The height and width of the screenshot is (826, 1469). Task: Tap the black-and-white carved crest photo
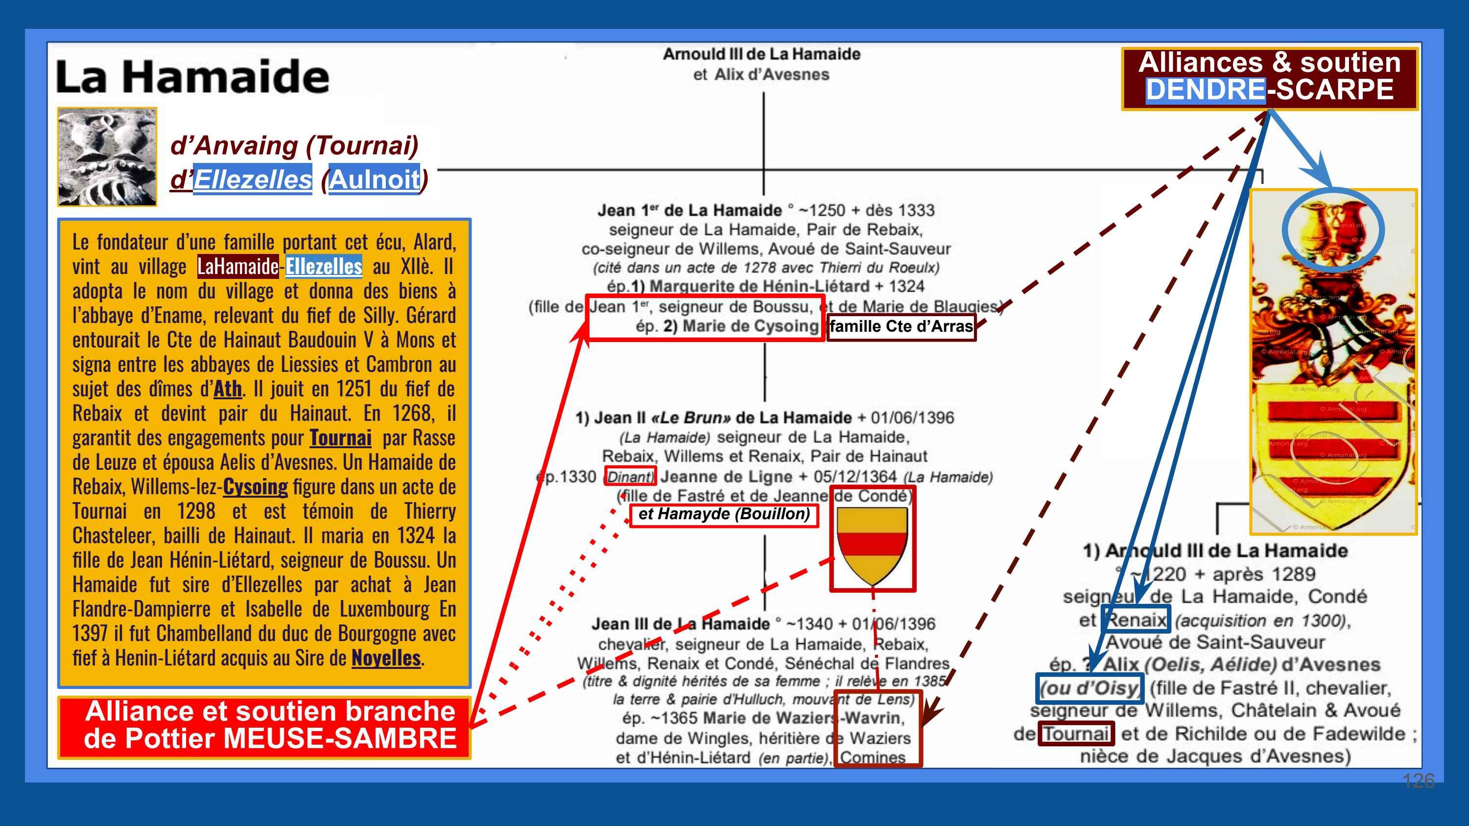point(107,157)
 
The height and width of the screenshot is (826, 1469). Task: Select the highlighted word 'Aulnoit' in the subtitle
point(374,180)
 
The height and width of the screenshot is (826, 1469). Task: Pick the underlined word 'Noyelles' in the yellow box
point(386,658)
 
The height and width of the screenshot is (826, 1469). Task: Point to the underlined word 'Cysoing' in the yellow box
point(255,486)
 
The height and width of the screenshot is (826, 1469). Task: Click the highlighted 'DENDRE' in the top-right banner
point(1205,90)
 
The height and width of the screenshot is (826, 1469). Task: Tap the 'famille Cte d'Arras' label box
point(901,327)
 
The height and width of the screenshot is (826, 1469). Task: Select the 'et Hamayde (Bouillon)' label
point(724,514)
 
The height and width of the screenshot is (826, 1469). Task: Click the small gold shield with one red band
point(872,543)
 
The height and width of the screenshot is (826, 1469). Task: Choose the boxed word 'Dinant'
point(630,477)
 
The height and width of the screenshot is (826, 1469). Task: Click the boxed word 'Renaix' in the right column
point(1137,619)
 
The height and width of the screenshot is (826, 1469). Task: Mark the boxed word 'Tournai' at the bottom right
point(1075,734)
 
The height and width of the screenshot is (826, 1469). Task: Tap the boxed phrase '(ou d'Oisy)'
point(1089,688)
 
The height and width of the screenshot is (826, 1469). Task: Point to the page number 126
point(1418,780)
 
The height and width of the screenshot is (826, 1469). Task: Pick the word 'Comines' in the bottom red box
point(873,757)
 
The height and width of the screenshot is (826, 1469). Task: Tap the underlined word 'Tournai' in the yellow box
point(340,438)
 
